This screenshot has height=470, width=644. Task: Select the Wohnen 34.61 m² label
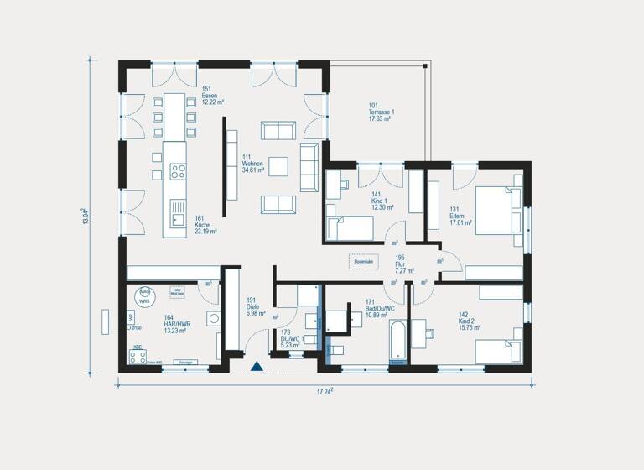[252, 164]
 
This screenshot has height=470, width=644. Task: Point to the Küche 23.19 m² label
[205, 224]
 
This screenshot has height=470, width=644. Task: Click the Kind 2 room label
[469, 323]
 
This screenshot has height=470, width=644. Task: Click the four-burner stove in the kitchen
[178, 171]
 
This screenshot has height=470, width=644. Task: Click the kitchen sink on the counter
[178, 214]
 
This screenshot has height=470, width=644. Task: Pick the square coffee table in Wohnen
[278, 166]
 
